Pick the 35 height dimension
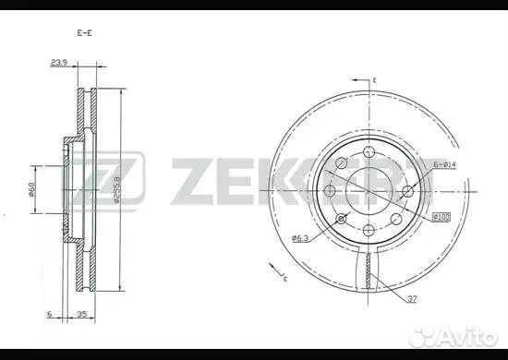pos(84,313)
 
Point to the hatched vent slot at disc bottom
pos(369,270)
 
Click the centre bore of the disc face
pos(369,190)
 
